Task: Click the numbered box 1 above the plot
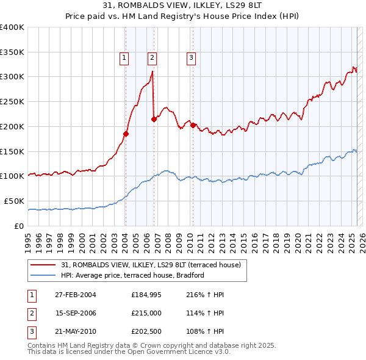tap(124, 58)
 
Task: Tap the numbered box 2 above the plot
tap(152, 58)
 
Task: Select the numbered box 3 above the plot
tap(191, 58)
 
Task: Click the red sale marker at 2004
tap(126, 134)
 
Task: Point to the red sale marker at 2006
tap(154, 120)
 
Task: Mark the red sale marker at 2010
tap(193, 126)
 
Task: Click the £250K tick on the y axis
tap(12, 101)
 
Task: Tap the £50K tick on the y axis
tap(14, 201)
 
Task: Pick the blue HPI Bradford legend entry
tap(135, 275)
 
